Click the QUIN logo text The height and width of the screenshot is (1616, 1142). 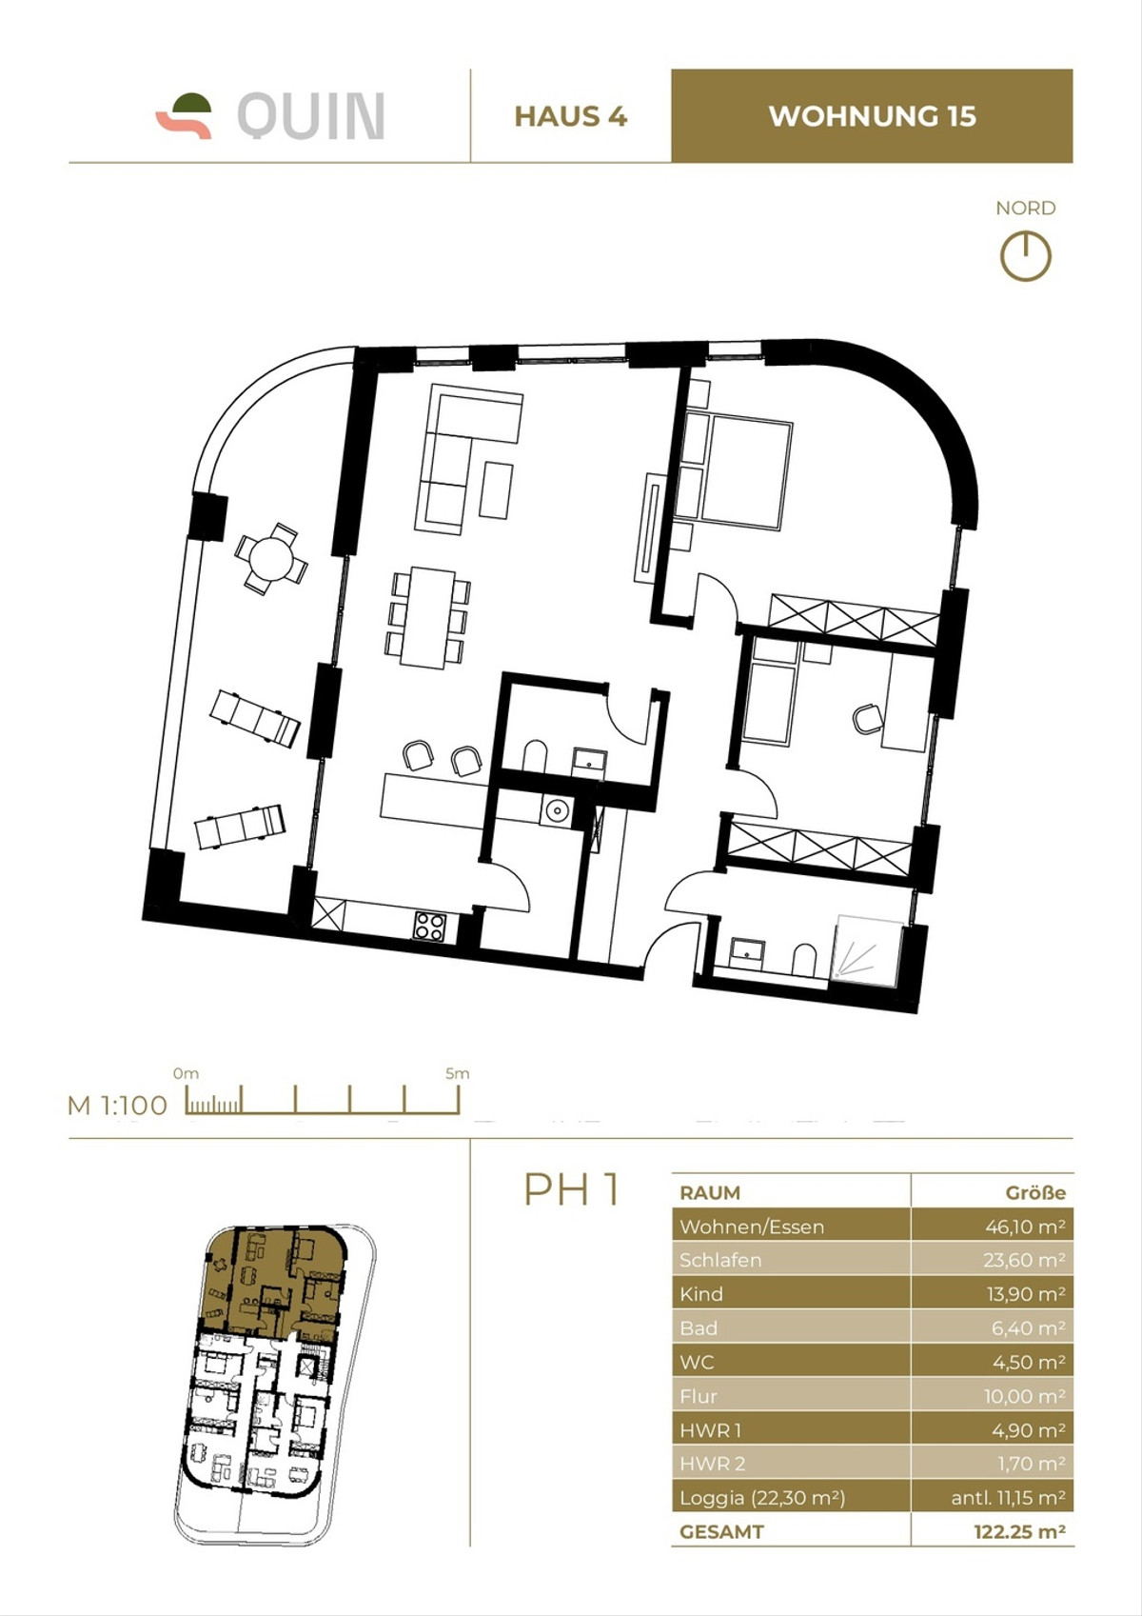coord(310,116)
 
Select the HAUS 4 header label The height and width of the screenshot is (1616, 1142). coord(570,116)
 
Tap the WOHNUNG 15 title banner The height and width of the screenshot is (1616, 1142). coord(872,116)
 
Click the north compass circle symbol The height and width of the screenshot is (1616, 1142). coord(1025,256)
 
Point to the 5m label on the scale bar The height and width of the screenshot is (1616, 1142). coord(458,1073)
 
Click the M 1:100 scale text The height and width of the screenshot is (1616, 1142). coord(117,1106)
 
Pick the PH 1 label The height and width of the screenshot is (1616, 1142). coord(572,1189)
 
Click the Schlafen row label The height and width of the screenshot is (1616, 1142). coord(720,1260)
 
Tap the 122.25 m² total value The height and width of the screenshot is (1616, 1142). coord(1018,1532)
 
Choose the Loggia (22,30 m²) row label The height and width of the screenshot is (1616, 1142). coord(762,1498)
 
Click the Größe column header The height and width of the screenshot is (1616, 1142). coord(1035,1192)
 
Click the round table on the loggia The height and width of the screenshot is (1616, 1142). coord(271,557)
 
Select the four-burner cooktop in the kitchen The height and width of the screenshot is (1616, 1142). coord(429,926)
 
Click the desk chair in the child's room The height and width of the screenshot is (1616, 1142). coord(867,718)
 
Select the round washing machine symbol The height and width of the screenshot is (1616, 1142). coord(555,810)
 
